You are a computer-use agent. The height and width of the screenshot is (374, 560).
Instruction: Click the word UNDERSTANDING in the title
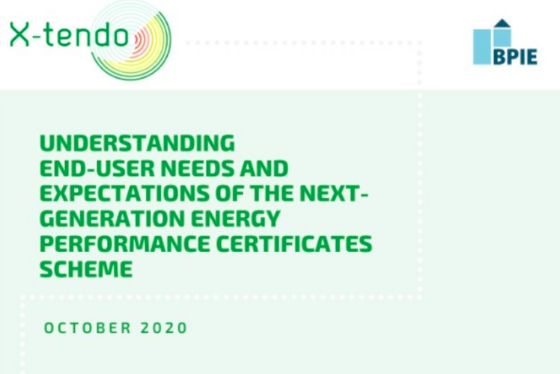tap(137, 143)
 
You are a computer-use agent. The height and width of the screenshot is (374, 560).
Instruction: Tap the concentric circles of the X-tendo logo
tap(133, 39)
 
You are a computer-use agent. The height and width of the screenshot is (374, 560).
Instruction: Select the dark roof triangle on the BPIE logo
tap(502, 24)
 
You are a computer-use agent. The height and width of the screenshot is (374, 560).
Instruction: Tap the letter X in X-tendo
tap(20, 34)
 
